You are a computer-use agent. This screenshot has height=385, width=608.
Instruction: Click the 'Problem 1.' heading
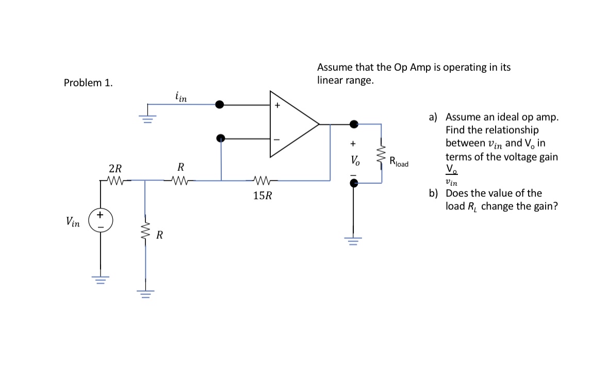pos(88,83)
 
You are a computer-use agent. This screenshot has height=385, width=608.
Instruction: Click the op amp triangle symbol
pos(291,124)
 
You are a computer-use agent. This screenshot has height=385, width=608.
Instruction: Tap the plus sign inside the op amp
pos(277,106)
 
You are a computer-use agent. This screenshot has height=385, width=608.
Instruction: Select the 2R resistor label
pos(116,168)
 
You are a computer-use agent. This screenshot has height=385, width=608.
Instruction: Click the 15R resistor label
pos(263,196)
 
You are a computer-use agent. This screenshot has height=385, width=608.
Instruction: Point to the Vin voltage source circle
pos(100,219)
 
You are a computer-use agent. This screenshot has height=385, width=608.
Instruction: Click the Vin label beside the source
pos(73,222)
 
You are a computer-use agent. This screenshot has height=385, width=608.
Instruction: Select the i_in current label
pos(181,96)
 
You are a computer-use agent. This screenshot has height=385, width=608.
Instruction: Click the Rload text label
pos(399,162)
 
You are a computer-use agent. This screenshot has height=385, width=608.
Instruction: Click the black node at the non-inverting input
pos(220,105)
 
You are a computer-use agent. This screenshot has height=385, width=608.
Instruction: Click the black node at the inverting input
pos(221,138)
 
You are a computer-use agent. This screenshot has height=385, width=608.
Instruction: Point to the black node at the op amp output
pos(354,124)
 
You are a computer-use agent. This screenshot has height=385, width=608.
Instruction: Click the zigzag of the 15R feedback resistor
pos(263,181)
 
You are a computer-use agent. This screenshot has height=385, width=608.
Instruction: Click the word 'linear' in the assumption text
pos(331,81)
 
